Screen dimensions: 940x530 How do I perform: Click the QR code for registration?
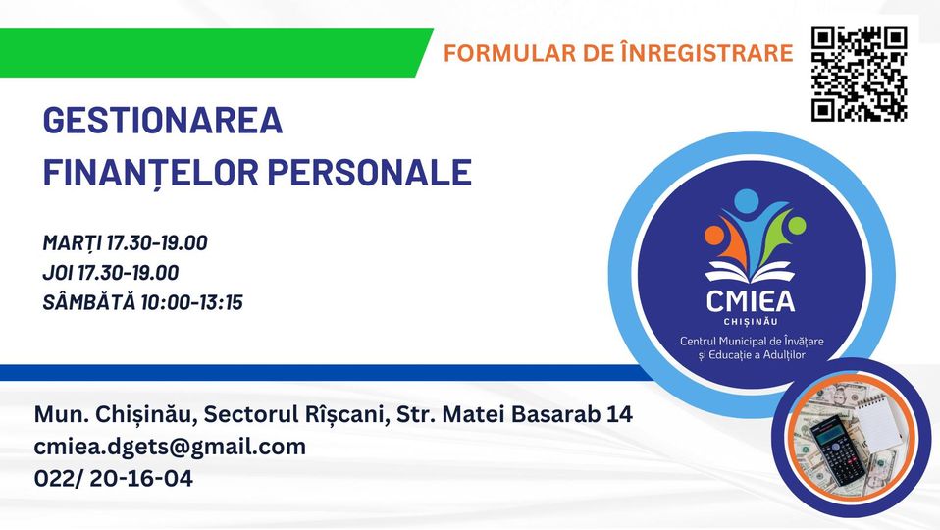(x=860, y=74)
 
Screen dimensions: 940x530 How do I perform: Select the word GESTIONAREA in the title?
(x=163, y=120)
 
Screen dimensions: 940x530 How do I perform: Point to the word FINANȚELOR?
(x=150, y=173)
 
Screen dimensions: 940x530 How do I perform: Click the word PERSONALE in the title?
(x=369, y=172)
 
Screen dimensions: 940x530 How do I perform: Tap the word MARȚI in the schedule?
(x=72, y=242)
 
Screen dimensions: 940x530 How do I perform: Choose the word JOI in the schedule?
(x=58, y=273)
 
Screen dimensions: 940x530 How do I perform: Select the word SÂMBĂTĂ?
(x=89, y=301)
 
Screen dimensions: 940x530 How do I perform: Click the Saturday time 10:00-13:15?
(x=192, y=302)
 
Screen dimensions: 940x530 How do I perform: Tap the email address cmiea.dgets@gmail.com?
(x=170, y=448)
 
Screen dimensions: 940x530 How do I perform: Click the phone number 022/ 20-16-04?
(x=113, y=478)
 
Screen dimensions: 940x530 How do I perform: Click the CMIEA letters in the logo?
(x=751, y=301)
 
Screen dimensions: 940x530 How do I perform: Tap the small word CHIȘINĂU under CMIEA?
(x=751, y=322)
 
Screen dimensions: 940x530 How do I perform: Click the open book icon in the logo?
(x=750, y=272)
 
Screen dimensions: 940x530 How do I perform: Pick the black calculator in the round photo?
(x=838, y=452)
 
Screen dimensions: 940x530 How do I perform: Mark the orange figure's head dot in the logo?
(x=714, y=235)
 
